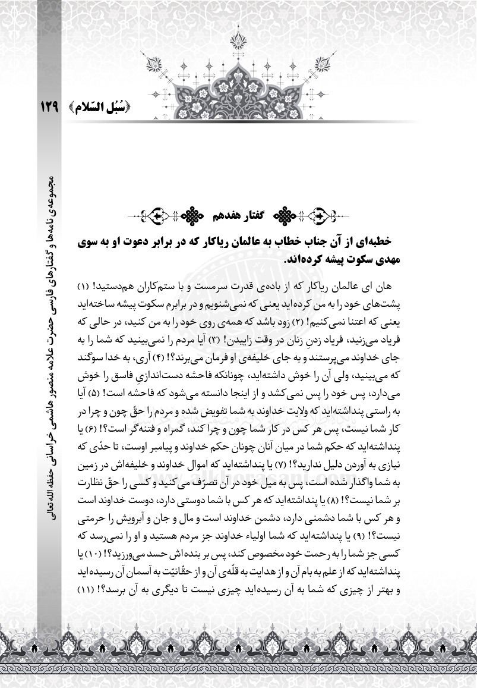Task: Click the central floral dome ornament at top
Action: click(238, 86)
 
